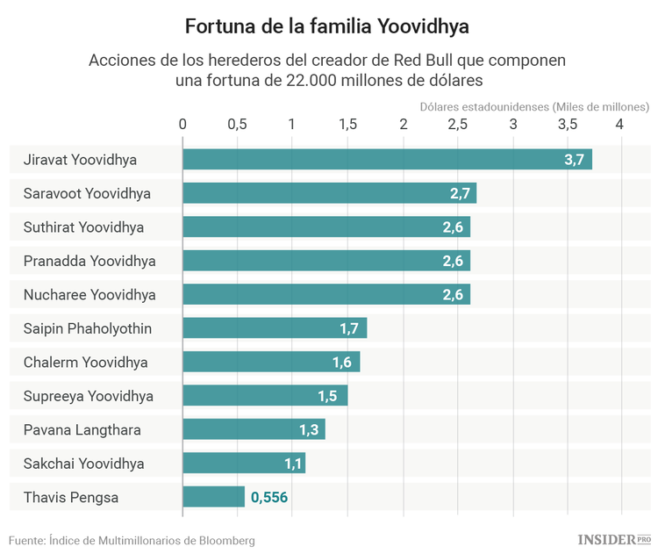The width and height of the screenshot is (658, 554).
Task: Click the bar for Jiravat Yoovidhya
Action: click(x=386, y=159)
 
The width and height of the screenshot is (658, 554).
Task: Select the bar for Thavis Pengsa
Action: click(x=213, y=497)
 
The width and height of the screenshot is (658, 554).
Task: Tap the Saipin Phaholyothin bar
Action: click(x=274, y=328)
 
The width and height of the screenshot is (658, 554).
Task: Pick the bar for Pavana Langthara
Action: click(x=254, y=429)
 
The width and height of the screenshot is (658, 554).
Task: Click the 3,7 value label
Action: click(x=574, y=160)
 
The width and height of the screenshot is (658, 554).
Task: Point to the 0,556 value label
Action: click(x=269, y=498)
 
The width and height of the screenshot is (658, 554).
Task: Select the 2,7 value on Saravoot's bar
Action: click(x=461, y=193)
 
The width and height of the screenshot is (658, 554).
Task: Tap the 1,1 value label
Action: click(x=293, y=464)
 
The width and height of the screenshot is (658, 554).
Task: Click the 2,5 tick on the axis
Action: click(x=457, y=124)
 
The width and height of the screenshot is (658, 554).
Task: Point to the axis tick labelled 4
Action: click(x=620, y=124)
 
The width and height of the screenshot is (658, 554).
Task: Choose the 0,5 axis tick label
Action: click(x=237, y=124)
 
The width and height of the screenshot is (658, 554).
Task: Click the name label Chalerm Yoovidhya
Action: click(x=85, y=362)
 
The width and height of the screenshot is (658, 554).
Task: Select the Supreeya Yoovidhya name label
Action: click(x=88, y=396)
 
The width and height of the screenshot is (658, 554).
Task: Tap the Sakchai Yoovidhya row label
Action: click(x=83, y=464)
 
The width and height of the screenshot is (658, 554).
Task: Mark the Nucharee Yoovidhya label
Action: click(x=89, y=294)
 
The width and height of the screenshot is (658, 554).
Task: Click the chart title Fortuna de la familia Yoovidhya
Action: click(x=327, y=27)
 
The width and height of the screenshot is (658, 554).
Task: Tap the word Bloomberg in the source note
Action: click(x=225, y=540)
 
